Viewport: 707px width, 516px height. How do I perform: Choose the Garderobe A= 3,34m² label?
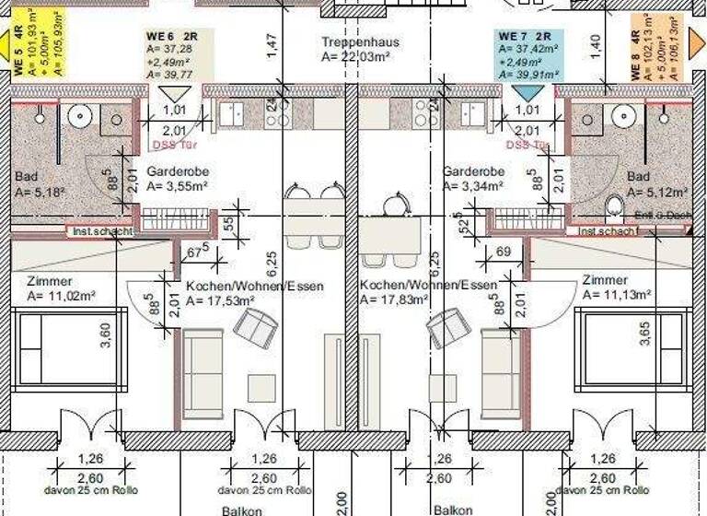tap(473, 179)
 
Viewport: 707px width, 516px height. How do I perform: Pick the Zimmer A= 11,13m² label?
tap(616, 287)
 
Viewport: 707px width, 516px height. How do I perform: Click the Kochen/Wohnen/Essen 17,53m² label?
tap(254, 293)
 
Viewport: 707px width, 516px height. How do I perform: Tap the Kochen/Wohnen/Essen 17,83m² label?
tap(427, 292)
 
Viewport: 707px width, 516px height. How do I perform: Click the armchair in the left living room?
tap(256, 324)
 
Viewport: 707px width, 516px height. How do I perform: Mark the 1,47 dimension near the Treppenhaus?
tap(270, 46)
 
